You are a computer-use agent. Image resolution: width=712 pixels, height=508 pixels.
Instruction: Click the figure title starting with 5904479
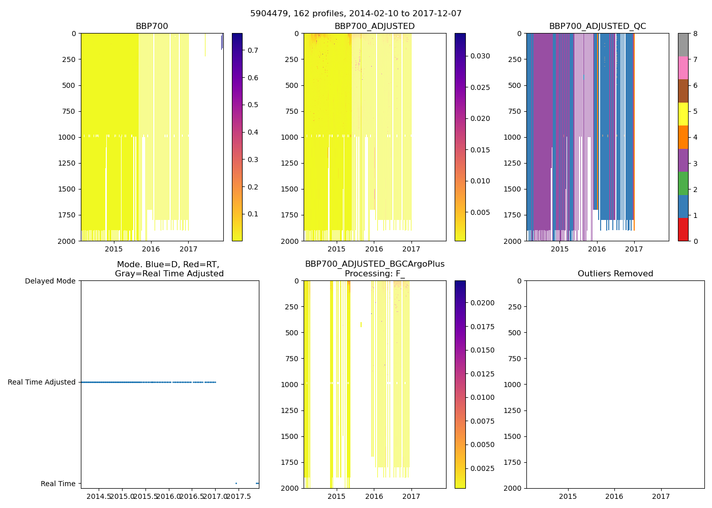pyautogui.click(x=355, y=14)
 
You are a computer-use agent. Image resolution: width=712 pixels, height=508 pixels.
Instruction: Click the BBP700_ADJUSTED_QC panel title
pyautogui.click(x=597, y=26)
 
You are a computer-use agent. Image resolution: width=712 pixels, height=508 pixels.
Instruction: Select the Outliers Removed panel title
pyautogui.click(x=615, y=274)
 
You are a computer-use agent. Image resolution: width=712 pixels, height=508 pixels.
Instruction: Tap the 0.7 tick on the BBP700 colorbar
pyautogui.click(x=253, y=50)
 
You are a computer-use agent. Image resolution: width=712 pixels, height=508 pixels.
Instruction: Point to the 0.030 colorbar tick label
pyautogui.click(x=480, y=56)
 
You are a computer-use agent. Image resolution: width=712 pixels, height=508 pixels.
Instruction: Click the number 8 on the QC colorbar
pyautogui.click(x=695, y=34)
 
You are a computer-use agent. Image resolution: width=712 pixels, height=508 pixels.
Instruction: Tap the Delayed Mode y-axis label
pyautogui.click(x=50, y=281)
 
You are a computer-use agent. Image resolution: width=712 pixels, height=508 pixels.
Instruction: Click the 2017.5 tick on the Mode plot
pyautogui.click(x=239, y=496)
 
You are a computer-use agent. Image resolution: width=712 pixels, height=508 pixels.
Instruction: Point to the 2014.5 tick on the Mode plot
pyautogui.click(x=99, y=496)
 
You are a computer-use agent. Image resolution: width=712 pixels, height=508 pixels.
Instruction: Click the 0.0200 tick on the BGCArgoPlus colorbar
pyautogui.click(x=482, y=303)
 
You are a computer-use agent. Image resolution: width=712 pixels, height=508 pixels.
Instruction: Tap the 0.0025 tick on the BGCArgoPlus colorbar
pyautogui.click(x=482, y=468)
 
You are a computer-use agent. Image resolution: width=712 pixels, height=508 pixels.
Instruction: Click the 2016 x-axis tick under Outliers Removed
pyautogui.click(x=614, y=496)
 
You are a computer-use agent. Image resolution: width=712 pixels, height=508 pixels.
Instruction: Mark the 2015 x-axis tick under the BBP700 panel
pyautogui.click(x=113, y=249)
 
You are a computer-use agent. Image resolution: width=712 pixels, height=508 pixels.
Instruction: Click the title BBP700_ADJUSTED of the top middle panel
pyautogui.click(x=374, y=26)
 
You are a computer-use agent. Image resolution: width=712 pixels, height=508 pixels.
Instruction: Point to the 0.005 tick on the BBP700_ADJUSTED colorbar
pyautogui.click(x=480, y=212)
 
